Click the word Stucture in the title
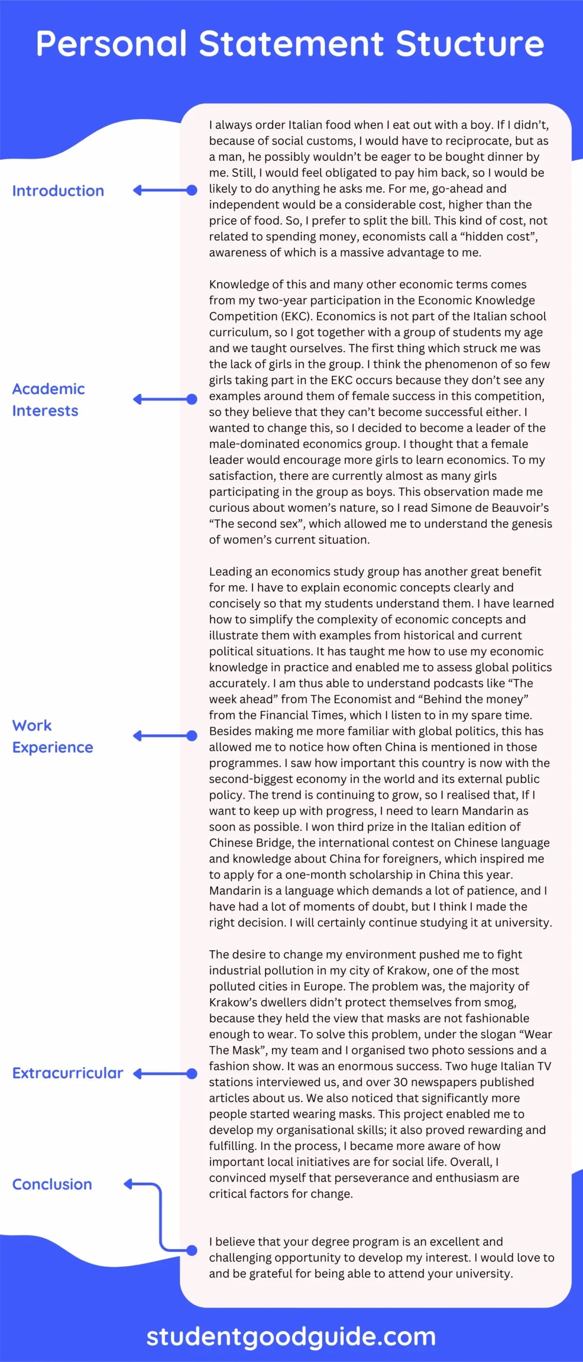pos(470,44)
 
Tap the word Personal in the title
pos(112,44)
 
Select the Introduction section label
pos(58,191)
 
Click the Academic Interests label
pos(48,400)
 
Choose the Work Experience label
pos(53,736)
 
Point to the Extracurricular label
pos(67,1073)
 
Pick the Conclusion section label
pos(52,1184)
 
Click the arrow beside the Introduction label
pos(165,190)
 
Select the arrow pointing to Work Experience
pos(165,736)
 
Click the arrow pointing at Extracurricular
pos(165,1074)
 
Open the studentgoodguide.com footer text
pos(291,1336)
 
